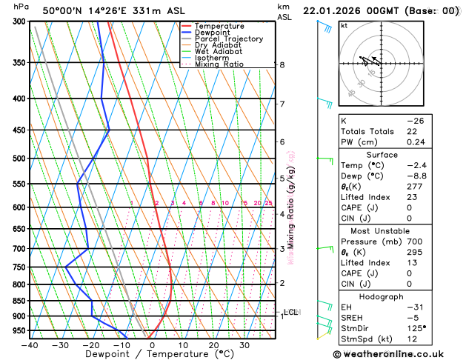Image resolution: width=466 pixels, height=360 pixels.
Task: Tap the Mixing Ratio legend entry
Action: [219, 64]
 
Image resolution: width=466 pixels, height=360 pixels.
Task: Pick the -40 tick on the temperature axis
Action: [30, 344]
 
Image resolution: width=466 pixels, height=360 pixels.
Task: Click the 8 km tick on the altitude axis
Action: [282, 65]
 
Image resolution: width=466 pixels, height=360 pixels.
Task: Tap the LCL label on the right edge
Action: [291, 312]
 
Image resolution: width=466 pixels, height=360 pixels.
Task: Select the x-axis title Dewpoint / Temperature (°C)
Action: [153, 354]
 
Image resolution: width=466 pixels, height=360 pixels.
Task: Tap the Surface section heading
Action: [392, 154]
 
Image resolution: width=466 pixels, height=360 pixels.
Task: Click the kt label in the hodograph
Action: [344, 26]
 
